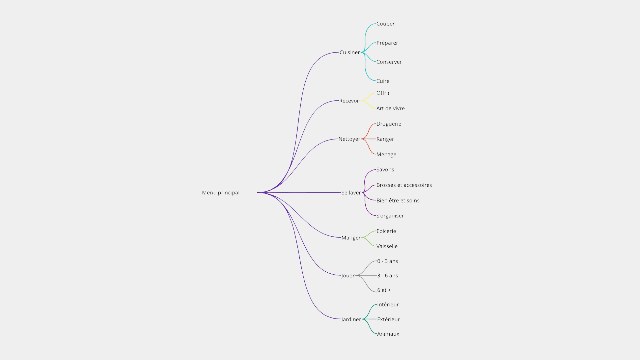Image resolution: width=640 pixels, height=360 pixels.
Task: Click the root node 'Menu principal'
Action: (x=221, y=193)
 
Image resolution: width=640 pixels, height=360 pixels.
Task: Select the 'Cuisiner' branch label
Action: (x=350, y=52)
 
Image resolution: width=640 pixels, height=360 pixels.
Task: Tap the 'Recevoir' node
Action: (x=350, y=101)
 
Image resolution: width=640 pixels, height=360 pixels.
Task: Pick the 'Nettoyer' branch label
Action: (x=349, y=139)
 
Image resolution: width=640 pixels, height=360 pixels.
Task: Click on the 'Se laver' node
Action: (x=351, y=193)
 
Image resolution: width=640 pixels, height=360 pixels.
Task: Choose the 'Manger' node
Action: (x=351, y=238)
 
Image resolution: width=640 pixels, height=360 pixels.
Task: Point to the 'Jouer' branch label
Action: (x=348, y=276)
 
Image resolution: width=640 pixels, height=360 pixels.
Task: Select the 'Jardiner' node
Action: (x=351, y=319)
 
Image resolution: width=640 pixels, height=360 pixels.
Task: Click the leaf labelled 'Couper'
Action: (x=386, y=24)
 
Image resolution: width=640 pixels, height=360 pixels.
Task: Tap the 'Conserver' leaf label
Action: (x=389, y=62)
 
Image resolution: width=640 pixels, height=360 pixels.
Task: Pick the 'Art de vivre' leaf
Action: (x=391, y=108)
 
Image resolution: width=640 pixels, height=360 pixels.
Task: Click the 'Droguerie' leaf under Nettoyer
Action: (x=389, y=124)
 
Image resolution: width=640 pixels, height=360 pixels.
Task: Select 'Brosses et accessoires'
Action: (x=404, y=185)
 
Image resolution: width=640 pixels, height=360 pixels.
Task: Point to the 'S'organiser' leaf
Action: (x=390, y=216)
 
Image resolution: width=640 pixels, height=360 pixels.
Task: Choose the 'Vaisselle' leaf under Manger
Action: (x=387, y=246)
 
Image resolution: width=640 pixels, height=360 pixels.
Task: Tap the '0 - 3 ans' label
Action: (x=388, y=261)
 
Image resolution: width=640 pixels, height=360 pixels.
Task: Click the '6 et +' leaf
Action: (x=384, y=290)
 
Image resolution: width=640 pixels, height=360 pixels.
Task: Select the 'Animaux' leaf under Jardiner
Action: (x=388, y=334)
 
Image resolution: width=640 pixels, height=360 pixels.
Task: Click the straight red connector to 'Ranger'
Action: (x=369, y=139)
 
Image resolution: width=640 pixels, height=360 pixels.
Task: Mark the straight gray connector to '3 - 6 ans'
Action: (x=366, y=276)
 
